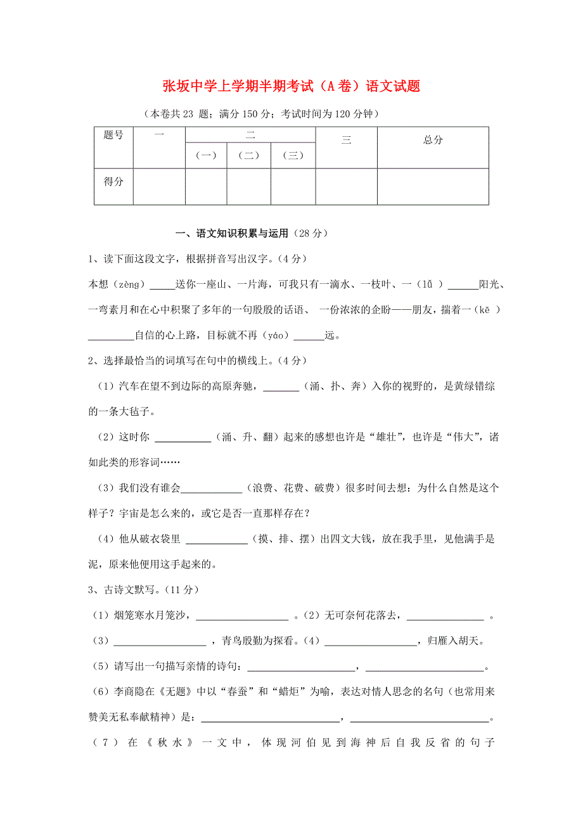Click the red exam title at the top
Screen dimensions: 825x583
[x=291, y=86]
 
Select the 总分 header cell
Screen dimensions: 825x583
[x=433, y=140]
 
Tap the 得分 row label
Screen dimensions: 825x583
[x=113, y=182]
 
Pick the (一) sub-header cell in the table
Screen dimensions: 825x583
[x=206, y=155]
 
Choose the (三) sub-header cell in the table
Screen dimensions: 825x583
[x=293, y=155]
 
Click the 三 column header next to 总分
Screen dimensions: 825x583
[x=346, y=141]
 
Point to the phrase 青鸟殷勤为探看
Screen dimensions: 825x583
[x=257, y=641]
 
